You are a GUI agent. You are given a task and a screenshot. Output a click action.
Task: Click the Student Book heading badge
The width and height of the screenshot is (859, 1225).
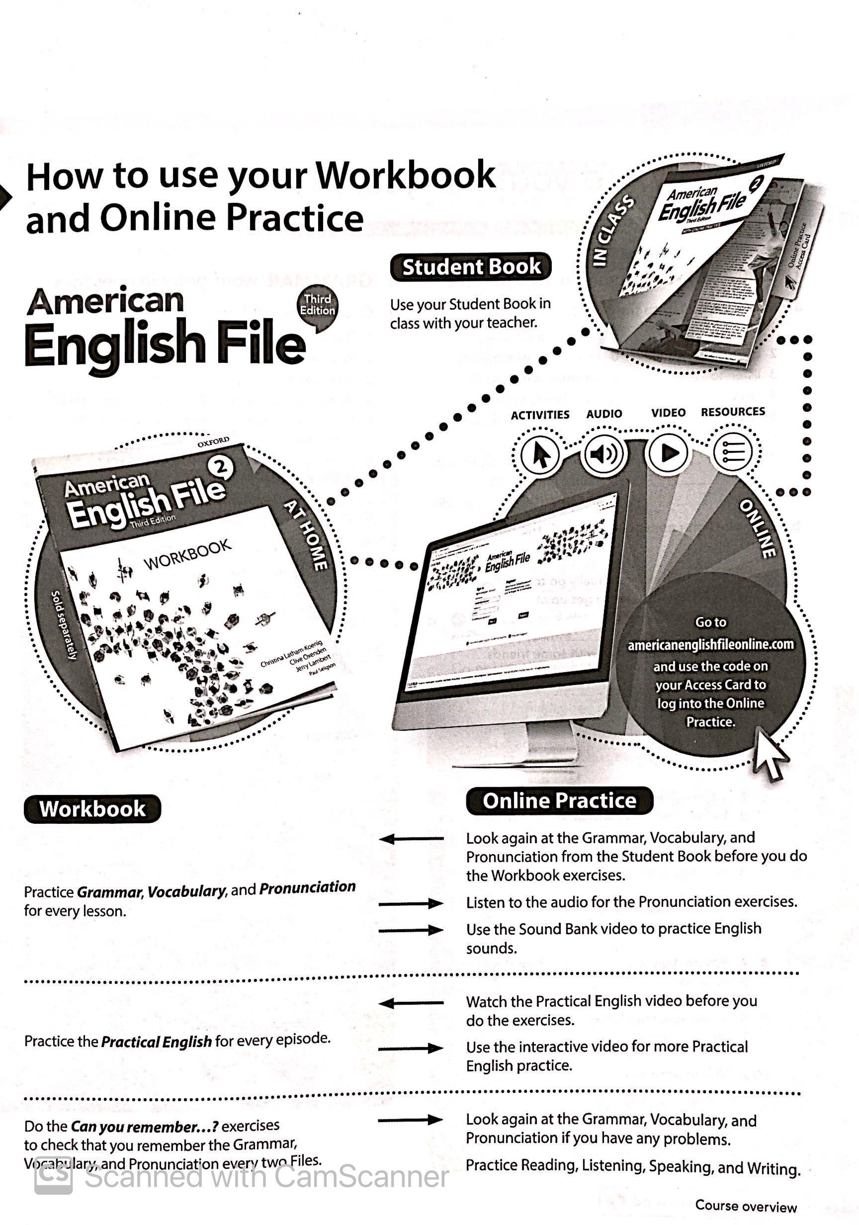(471, 267)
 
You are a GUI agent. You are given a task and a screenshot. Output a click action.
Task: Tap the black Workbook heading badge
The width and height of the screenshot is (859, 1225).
(92, 808)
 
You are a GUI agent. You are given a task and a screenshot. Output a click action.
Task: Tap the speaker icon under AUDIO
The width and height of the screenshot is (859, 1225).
(604, 453)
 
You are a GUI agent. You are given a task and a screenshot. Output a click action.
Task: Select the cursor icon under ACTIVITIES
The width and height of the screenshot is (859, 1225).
(540, 455)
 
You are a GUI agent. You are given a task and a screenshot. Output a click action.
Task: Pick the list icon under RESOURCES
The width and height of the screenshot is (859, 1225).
(733, 452)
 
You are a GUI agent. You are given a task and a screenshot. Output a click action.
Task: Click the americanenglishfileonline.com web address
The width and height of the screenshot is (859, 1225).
(710, 644)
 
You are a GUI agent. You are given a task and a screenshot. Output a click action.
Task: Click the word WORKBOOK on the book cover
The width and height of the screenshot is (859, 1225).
(187, 555)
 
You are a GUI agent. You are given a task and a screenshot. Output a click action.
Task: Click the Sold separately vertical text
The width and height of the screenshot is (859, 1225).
(64, 625)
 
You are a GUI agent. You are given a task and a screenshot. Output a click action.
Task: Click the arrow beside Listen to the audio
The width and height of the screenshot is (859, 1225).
(410, 903)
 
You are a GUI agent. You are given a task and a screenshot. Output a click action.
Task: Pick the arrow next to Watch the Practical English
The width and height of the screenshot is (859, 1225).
(410, 1003)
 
